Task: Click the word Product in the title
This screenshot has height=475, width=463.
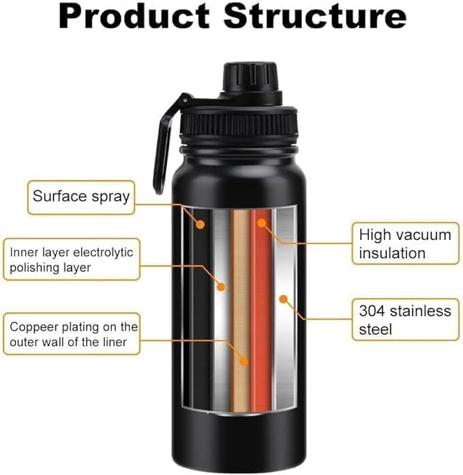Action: pyautogui.click(x=135, y=16)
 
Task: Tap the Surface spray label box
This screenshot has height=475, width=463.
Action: pyautogui.click(x=81, y=197)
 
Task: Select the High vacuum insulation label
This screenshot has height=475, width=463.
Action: pyautogui.click(x=405, y=244)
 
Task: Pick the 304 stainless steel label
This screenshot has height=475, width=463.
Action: pyautogui.click(x=405, y=320)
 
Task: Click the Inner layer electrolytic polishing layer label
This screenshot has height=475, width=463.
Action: pyautogui.click(x=71, y=260)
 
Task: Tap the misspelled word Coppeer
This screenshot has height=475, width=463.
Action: pyautogui.click(x=33, y=326)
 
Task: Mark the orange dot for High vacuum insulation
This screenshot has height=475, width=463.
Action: pyautogui.click(x=261, y=223)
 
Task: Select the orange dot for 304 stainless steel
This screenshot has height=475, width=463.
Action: pyautogui.click(x=283, y=298)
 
